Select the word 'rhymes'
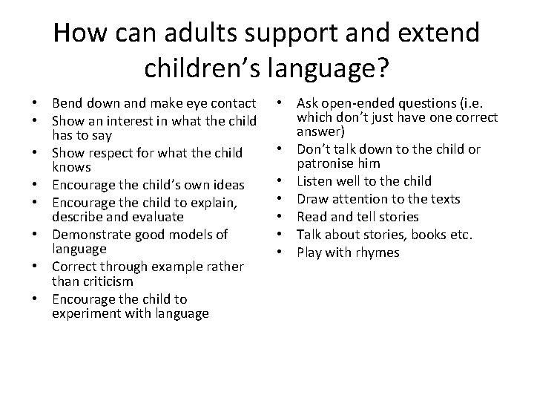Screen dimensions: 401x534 380,253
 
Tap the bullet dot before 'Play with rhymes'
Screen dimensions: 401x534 286,253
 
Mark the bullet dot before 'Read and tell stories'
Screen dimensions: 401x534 286,218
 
